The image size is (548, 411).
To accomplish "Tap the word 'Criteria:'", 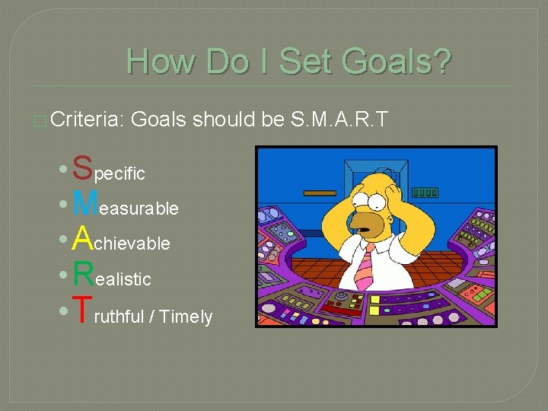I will [90, 119].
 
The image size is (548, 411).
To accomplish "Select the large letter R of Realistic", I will [83, 275].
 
